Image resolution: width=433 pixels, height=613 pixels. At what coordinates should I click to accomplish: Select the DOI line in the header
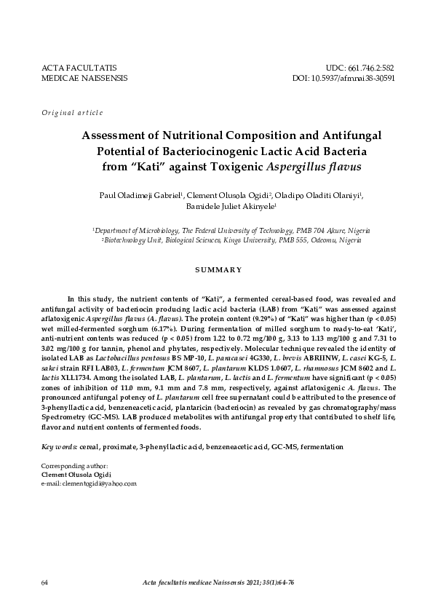click(x=343, y=77)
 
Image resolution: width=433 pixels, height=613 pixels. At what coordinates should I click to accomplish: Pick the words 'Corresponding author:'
click(x=75, y=465)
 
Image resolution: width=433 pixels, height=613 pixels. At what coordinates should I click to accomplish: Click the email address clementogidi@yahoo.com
click(x=98, y=483)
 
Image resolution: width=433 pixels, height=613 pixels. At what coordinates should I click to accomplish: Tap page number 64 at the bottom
click(x=45, y=583)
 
